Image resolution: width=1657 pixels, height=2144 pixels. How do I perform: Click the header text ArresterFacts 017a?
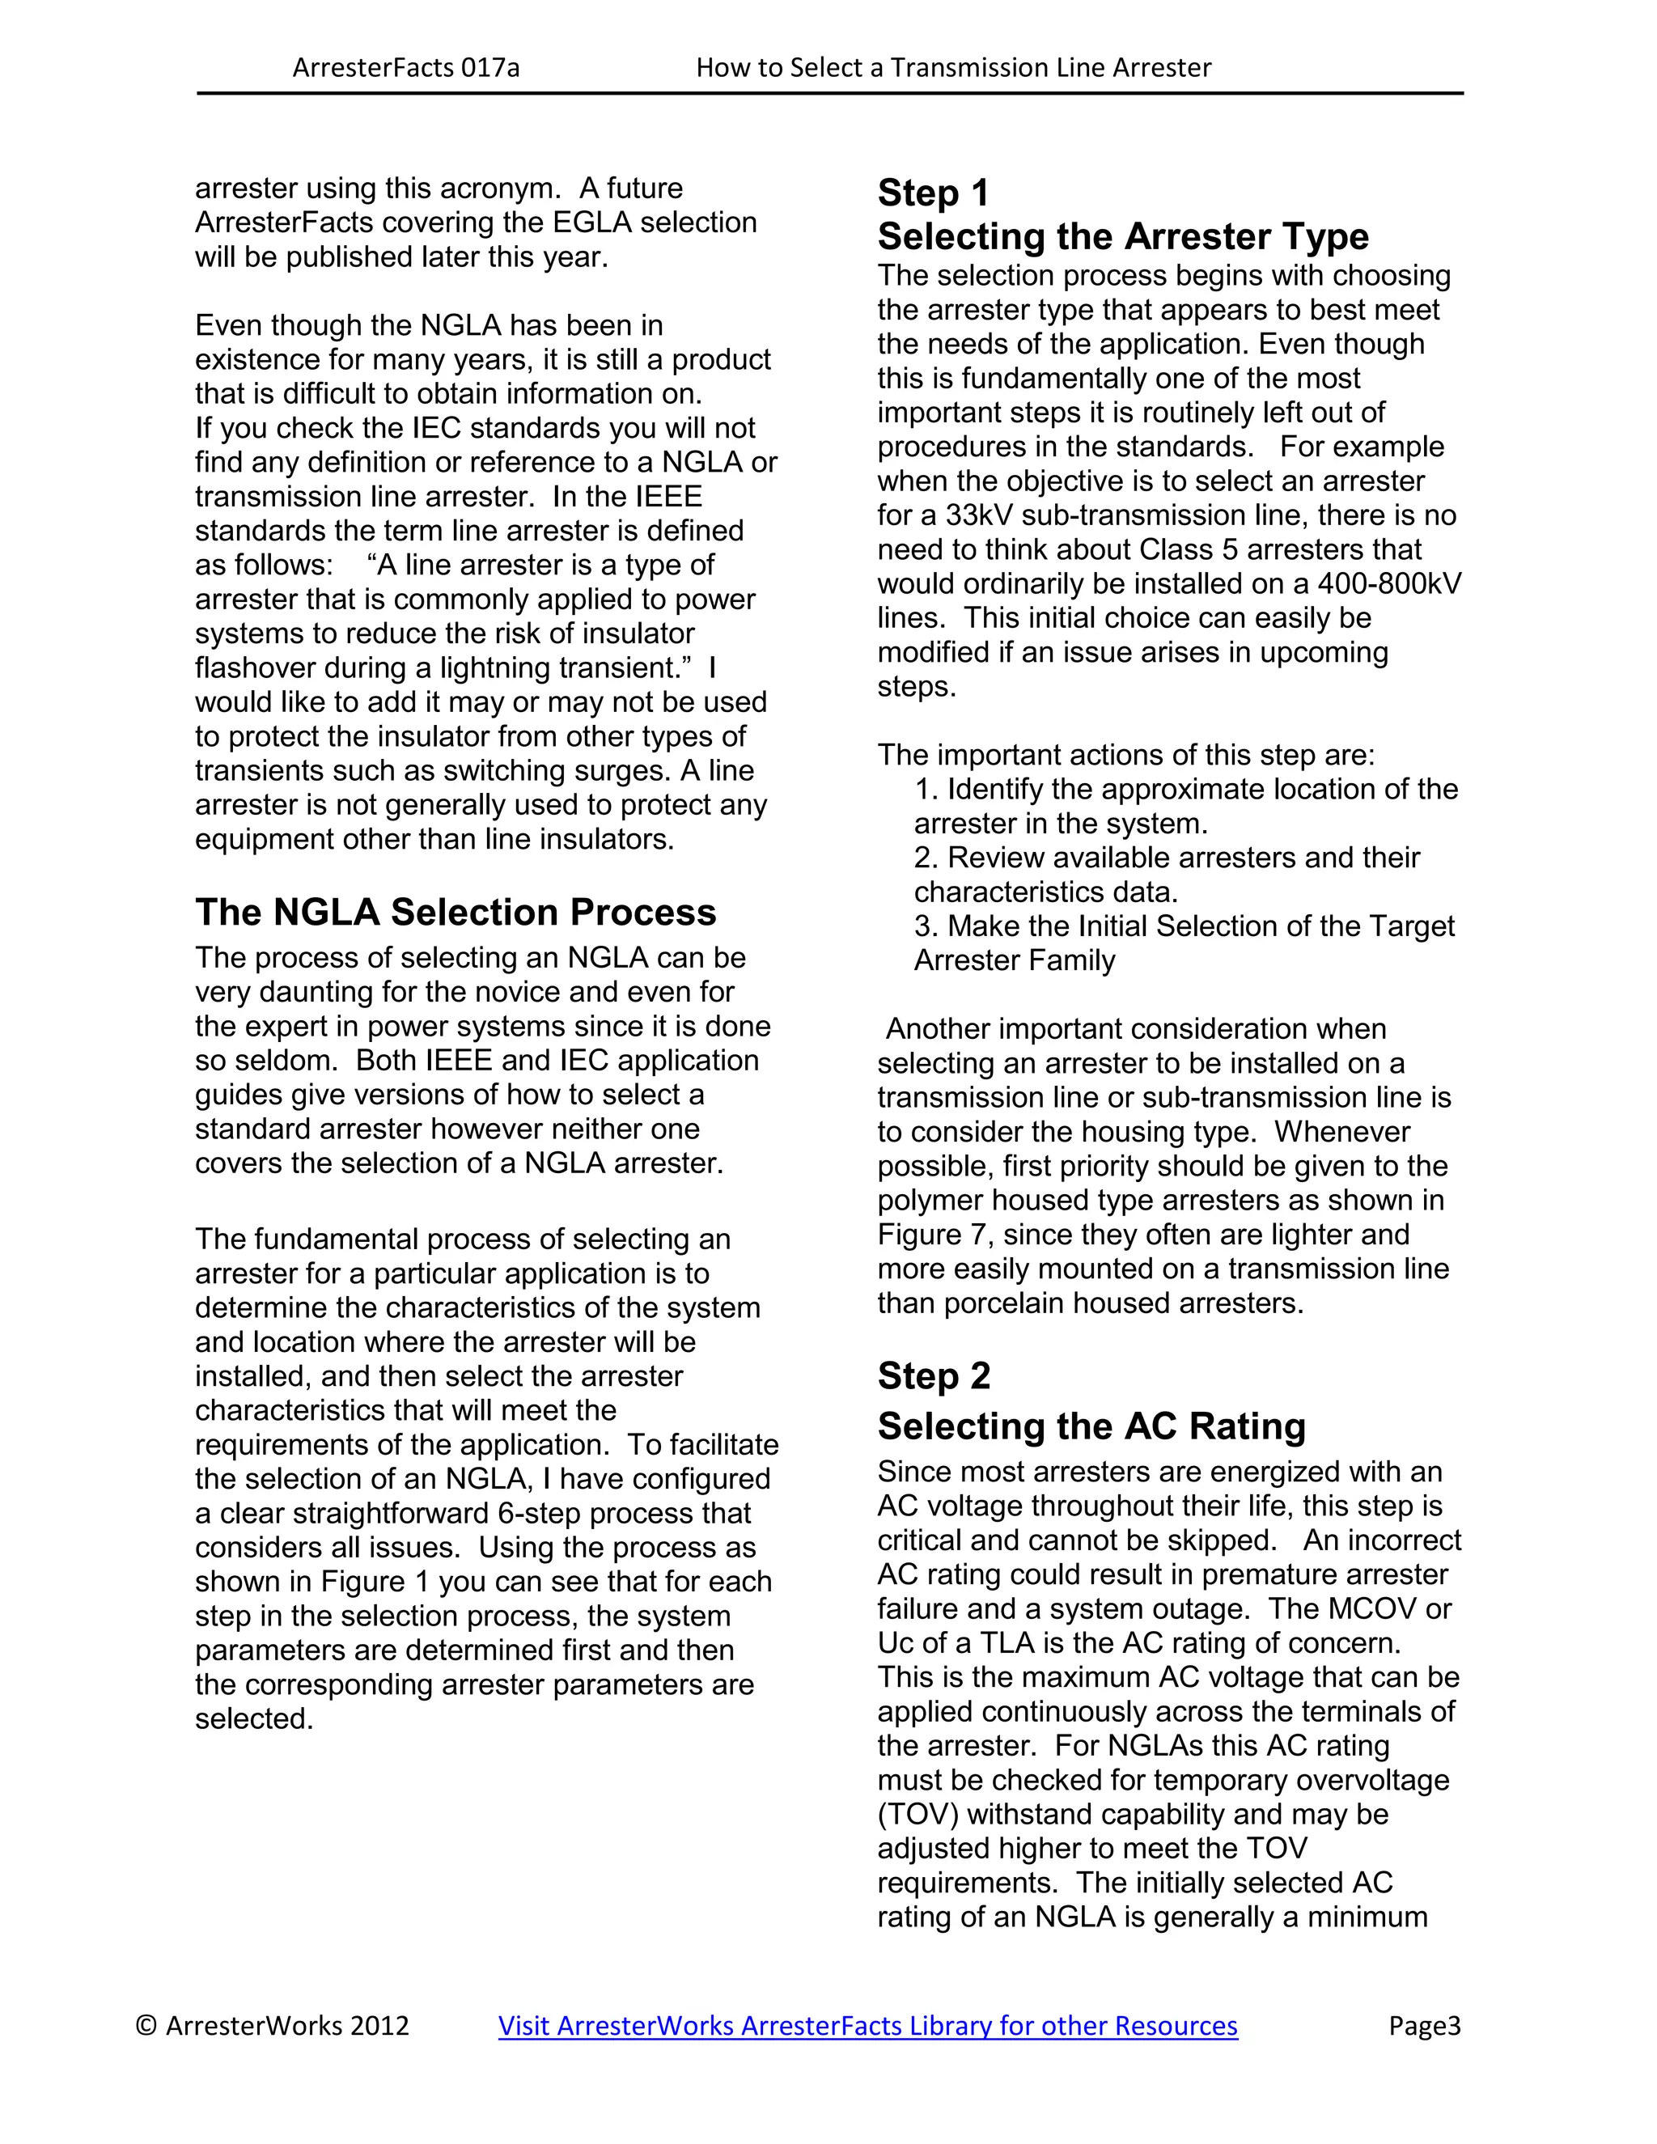[405, 68]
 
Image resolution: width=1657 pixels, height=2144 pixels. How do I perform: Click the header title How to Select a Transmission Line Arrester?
[953, 68]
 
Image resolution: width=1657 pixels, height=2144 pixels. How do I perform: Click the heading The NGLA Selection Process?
[456, 912]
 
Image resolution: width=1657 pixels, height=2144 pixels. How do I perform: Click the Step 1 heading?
[933, 193]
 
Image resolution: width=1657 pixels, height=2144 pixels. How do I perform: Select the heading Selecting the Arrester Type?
[1122, 236]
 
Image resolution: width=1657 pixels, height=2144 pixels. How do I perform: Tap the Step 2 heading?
[933, 1376]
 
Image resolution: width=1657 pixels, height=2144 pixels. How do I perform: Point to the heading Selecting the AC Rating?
[1091, 1426]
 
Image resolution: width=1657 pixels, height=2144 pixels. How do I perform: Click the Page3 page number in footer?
[1424, 2025]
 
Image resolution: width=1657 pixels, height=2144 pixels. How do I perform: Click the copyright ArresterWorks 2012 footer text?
[272, 2025]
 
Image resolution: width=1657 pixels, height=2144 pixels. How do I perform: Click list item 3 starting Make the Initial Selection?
[1184, 926]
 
